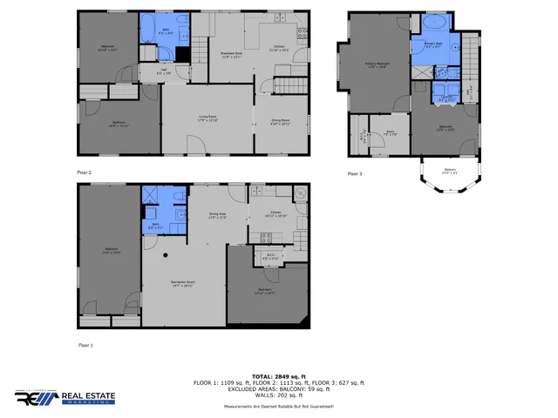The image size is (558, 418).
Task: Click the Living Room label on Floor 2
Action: click(208, 119)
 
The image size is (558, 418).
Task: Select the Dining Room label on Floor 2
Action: click(280, 123)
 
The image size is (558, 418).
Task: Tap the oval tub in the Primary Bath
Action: click(433, 23)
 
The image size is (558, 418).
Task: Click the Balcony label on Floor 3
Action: click(450, 171)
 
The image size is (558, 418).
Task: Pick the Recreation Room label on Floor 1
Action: click(182, 284)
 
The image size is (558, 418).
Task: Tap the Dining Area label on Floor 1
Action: click(217, 215)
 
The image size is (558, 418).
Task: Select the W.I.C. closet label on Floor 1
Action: click(270, 257)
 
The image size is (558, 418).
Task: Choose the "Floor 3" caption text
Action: click(354, 173)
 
